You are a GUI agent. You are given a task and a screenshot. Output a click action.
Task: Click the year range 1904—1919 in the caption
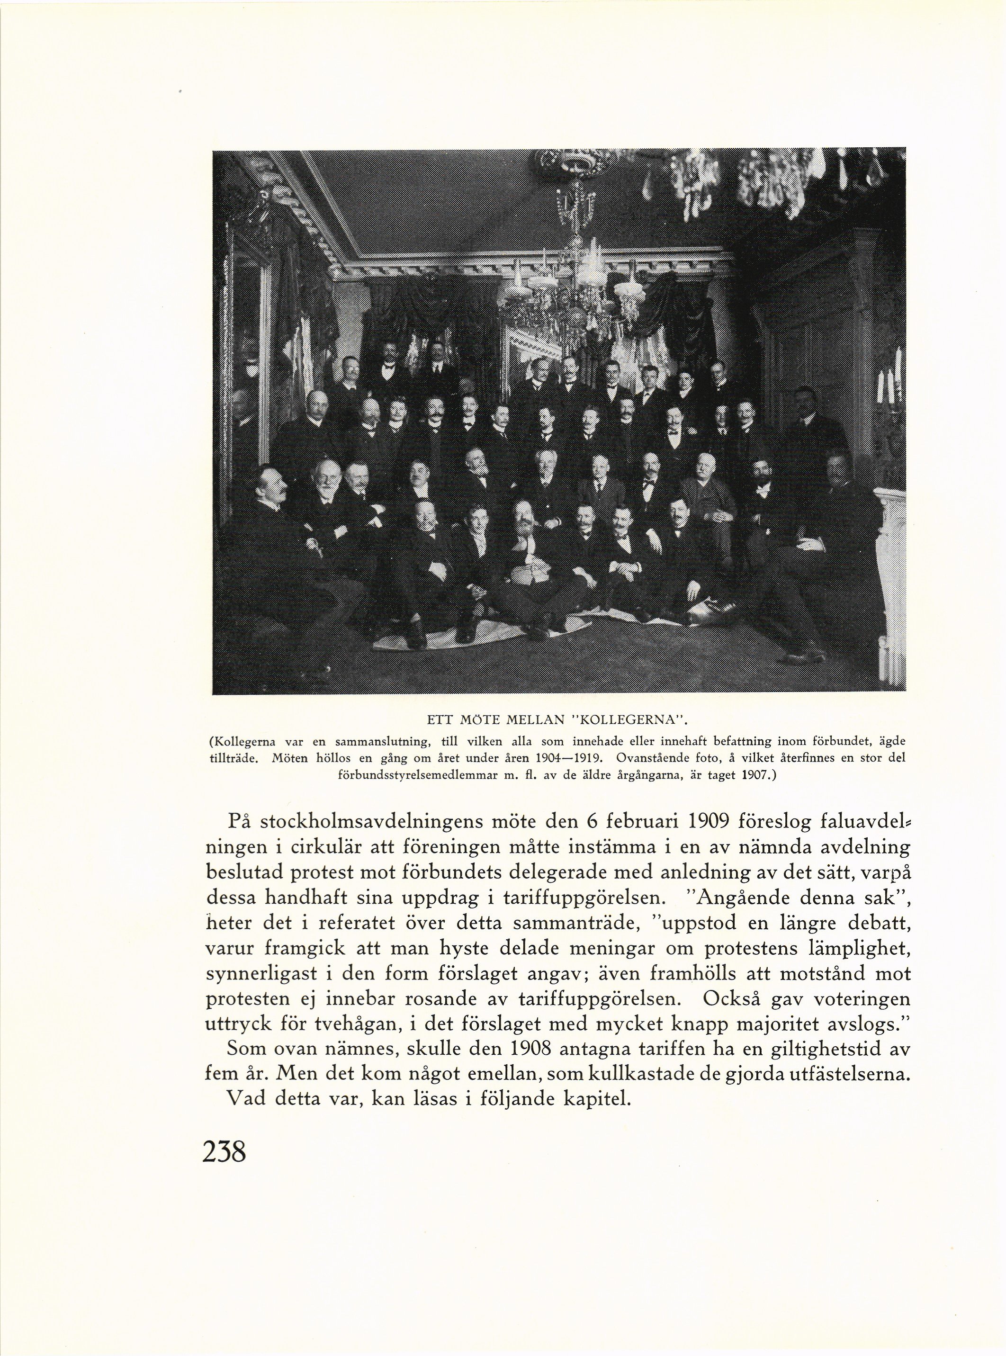click(573, 759)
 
